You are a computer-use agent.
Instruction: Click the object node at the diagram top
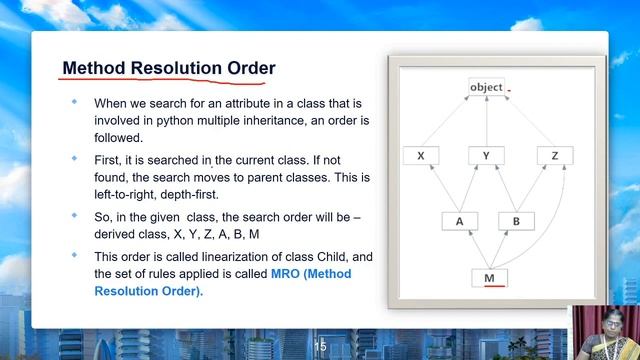[x=486, y=87]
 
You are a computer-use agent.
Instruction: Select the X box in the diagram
[x=421, y=156]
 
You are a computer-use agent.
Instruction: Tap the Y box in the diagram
[x=486, y=156]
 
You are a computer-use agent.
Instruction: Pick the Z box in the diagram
[x=554, y=156]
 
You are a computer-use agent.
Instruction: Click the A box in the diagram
[x=459, y=221]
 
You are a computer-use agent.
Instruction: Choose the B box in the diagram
[x=516, y=221]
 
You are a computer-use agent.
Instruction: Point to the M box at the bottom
[x=488, y=277]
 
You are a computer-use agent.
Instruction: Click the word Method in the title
[x=94, y=68]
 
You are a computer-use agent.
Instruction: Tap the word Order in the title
[x=249, y=68]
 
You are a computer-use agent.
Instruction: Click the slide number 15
[x=320, y=346]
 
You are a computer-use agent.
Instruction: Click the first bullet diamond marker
[x=73, y=102]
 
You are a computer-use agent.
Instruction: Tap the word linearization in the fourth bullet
[x=231, y=255]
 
